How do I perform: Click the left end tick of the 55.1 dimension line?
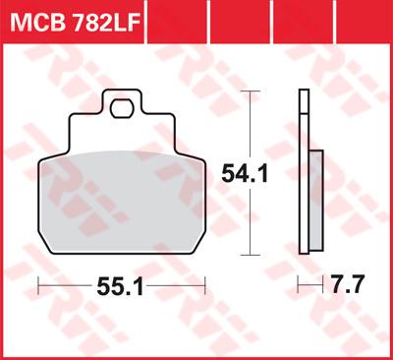[x=37, y=286]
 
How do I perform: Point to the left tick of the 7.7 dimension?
[x=300, y=286]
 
